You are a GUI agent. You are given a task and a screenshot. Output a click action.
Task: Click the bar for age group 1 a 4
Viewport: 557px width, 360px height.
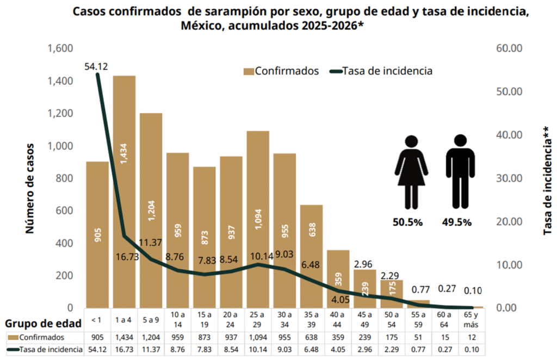pyautogui.click(x=124, y=190)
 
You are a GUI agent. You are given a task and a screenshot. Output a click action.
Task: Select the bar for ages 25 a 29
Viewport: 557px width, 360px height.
pyautogui.click(x=258, y=218)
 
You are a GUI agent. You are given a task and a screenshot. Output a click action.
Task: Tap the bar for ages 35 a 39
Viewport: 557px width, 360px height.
pyautogui.click(x=311, y=256)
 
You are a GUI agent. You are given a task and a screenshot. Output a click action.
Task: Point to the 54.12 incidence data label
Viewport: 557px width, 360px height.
pyautogui.click(x=96, y=66)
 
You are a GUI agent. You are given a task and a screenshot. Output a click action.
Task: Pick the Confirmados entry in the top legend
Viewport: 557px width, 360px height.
pyautogui.click(x=281, y=71)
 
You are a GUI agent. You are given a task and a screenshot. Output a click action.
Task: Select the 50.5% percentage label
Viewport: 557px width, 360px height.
pyautogui.click(x=408, y=222)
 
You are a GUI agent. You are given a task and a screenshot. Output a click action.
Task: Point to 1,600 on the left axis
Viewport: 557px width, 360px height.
pyautogui.click(x=60, y=48)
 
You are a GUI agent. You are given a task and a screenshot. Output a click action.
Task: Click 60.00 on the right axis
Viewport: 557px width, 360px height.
pyautogui.click(x=510, y=48)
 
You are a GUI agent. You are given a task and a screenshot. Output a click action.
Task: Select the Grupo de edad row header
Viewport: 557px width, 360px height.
pyautogui.click(x=44, y=323)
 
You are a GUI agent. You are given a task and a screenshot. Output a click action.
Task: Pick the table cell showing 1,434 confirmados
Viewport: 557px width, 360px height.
pyautogui.click(x=125, y=337)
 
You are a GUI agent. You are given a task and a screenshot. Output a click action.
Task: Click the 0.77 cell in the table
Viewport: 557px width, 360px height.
pyautogui.click(x=418, y=349)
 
